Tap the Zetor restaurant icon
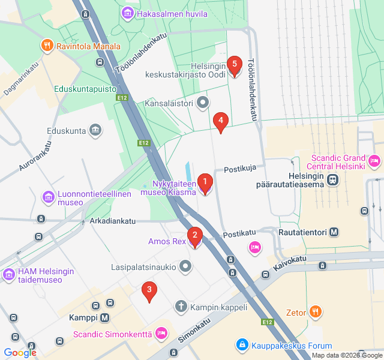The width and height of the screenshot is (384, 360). (316, 311)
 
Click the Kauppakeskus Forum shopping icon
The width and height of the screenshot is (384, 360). (242, 345)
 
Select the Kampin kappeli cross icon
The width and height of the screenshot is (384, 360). (181, 307)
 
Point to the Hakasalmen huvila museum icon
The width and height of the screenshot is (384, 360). (127, 13)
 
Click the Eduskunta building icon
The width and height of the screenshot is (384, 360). (95, 130)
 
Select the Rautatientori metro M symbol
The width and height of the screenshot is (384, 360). (334, 232)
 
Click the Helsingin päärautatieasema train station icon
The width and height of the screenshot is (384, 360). (332, 179)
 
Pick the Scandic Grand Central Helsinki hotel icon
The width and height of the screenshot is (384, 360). (374, 160)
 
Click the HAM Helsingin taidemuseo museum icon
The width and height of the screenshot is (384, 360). (8, 275)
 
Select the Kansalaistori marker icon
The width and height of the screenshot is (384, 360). (203, 103)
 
